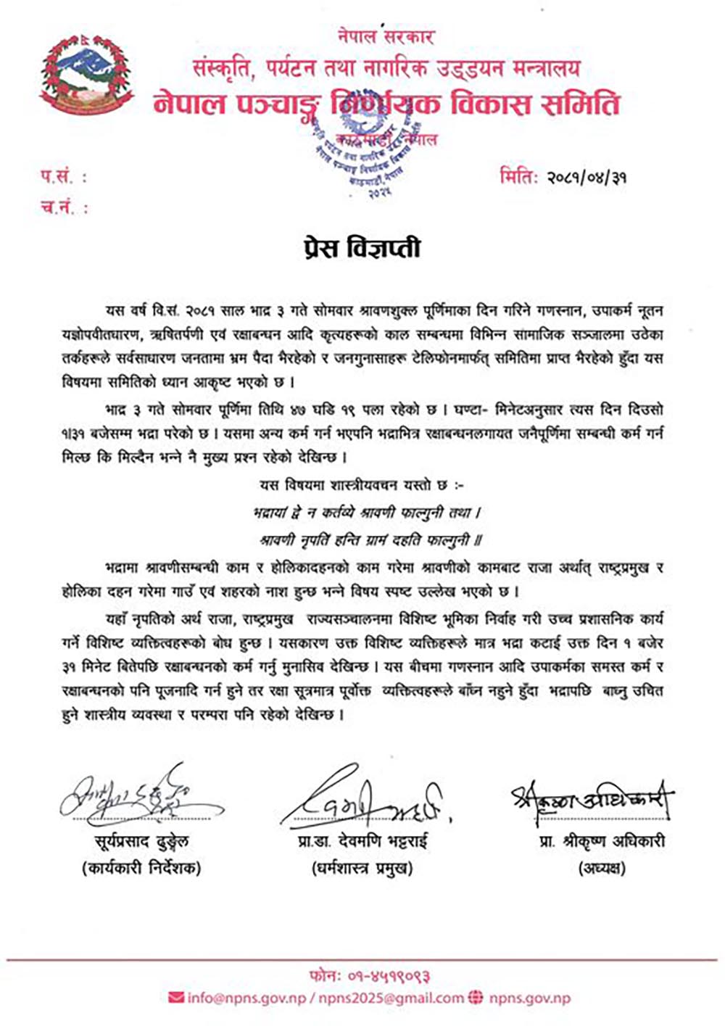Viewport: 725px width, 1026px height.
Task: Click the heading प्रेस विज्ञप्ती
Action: pos(362,248)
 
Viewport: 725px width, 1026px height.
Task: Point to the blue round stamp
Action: pos(373,154)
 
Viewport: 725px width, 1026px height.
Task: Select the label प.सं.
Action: pos(63,176)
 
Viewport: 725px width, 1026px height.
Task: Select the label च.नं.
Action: pos(64,208)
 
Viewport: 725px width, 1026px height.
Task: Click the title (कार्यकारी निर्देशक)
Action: pos(141,867)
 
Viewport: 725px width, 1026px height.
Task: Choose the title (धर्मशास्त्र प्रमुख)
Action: pos(363,867)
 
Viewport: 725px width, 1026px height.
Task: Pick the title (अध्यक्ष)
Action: pos(602,867)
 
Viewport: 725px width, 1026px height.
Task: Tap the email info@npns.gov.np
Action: pos(246,998)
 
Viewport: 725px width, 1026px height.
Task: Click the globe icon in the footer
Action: pos(476,998)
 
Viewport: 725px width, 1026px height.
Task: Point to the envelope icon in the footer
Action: pos(175,998)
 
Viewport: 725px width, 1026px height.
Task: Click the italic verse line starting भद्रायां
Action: pos(368,513)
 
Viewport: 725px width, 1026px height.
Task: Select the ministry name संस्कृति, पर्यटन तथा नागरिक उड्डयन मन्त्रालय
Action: pos(386,68)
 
